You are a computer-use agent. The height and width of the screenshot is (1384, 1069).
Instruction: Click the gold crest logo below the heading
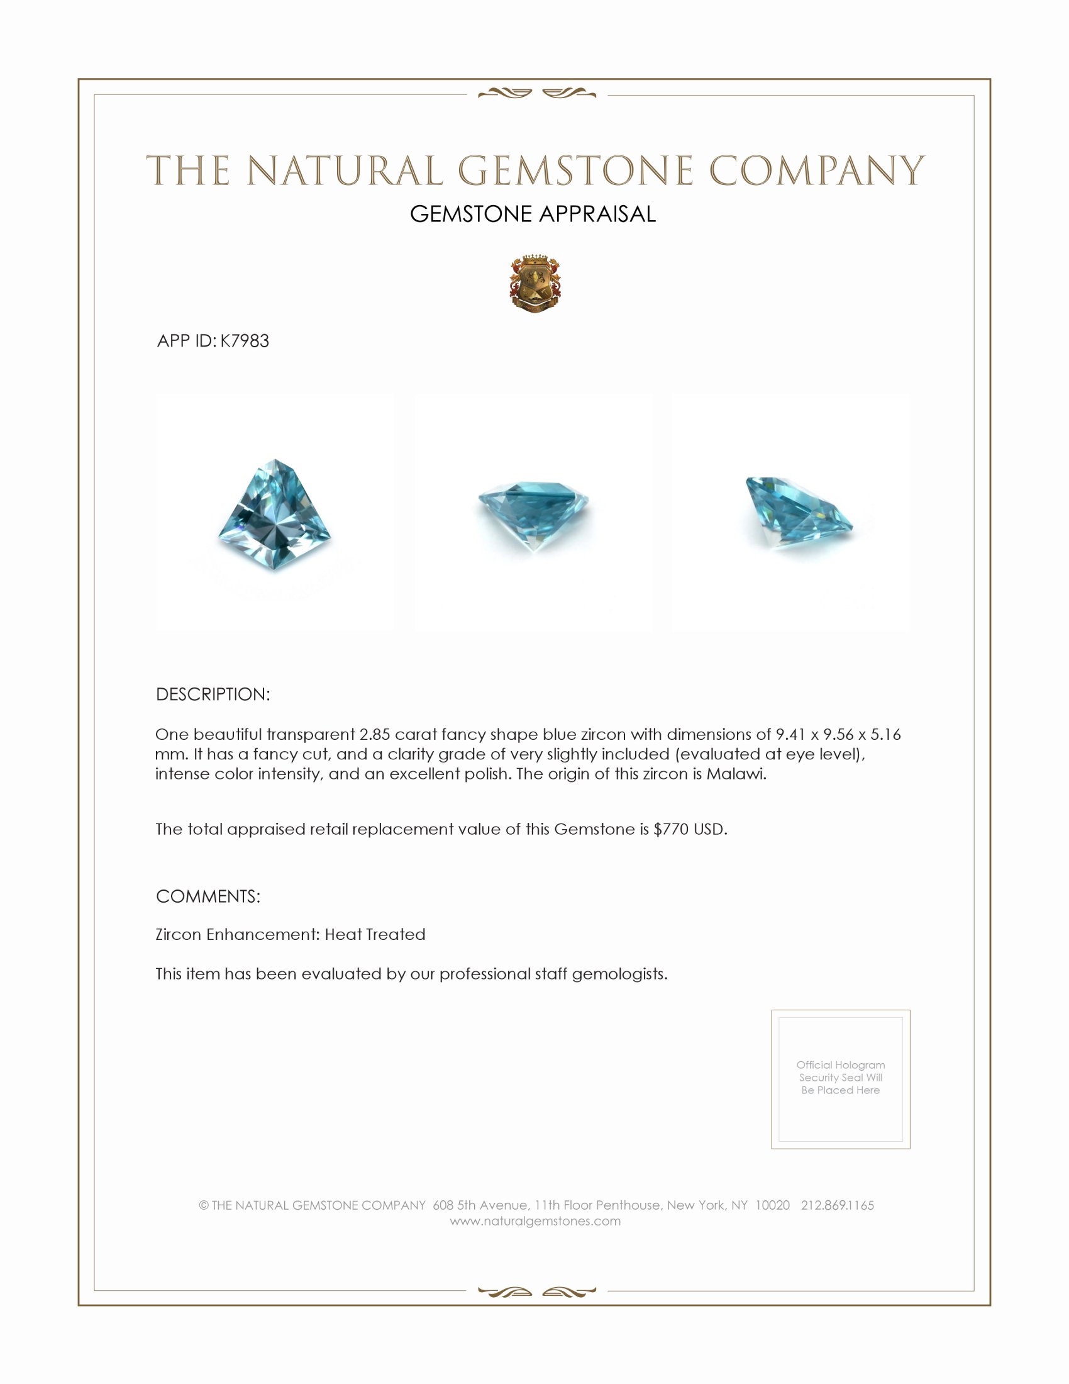535,284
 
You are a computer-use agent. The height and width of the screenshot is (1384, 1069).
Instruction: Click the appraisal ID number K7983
245,341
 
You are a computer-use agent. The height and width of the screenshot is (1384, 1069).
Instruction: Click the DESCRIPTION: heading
213,695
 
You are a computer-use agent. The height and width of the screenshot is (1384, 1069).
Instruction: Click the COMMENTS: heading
208,896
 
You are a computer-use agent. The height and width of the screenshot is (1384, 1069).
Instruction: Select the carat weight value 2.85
374,734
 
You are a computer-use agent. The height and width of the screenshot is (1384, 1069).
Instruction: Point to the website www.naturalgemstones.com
535,1221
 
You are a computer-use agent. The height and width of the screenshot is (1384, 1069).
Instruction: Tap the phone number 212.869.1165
837,1205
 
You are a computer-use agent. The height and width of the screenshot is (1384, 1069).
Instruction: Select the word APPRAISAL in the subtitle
597,214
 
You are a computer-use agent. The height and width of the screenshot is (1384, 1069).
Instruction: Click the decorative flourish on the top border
537,94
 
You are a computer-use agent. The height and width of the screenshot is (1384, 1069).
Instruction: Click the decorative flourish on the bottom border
537,1292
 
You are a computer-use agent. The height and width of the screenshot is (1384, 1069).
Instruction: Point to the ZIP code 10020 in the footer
772,1205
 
